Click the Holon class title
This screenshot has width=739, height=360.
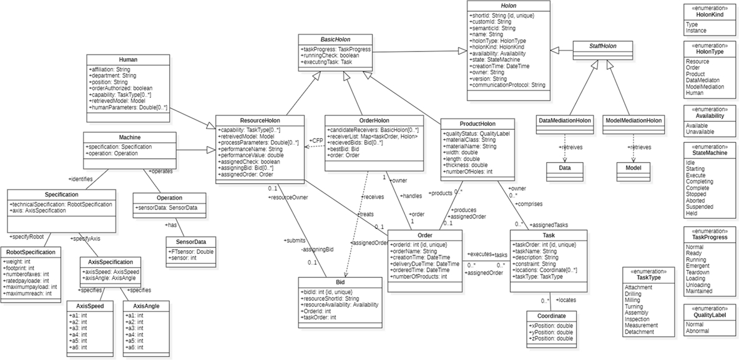(509, 5)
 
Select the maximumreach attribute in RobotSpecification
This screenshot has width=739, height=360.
(28, 293)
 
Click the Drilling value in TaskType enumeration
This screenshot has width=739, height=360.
(634, 294)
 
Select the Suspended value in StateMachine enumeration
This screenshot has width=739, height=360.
(700, 207)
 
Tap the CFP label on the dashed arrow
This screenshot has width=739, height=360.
(316, 141)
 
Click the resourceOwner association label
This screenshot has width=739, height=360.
(288, 197)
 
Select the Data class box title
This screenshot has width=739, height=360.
(564, 167)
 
